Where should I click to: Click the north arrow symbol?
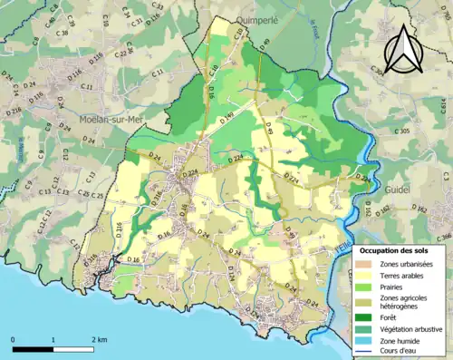tap(400, 49)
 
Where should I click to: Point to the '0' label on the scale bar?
tap(14, 339)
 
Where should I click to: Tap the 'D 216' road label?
tap(14, 111)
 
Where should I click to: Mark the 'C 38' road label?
tap(62, 34)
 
